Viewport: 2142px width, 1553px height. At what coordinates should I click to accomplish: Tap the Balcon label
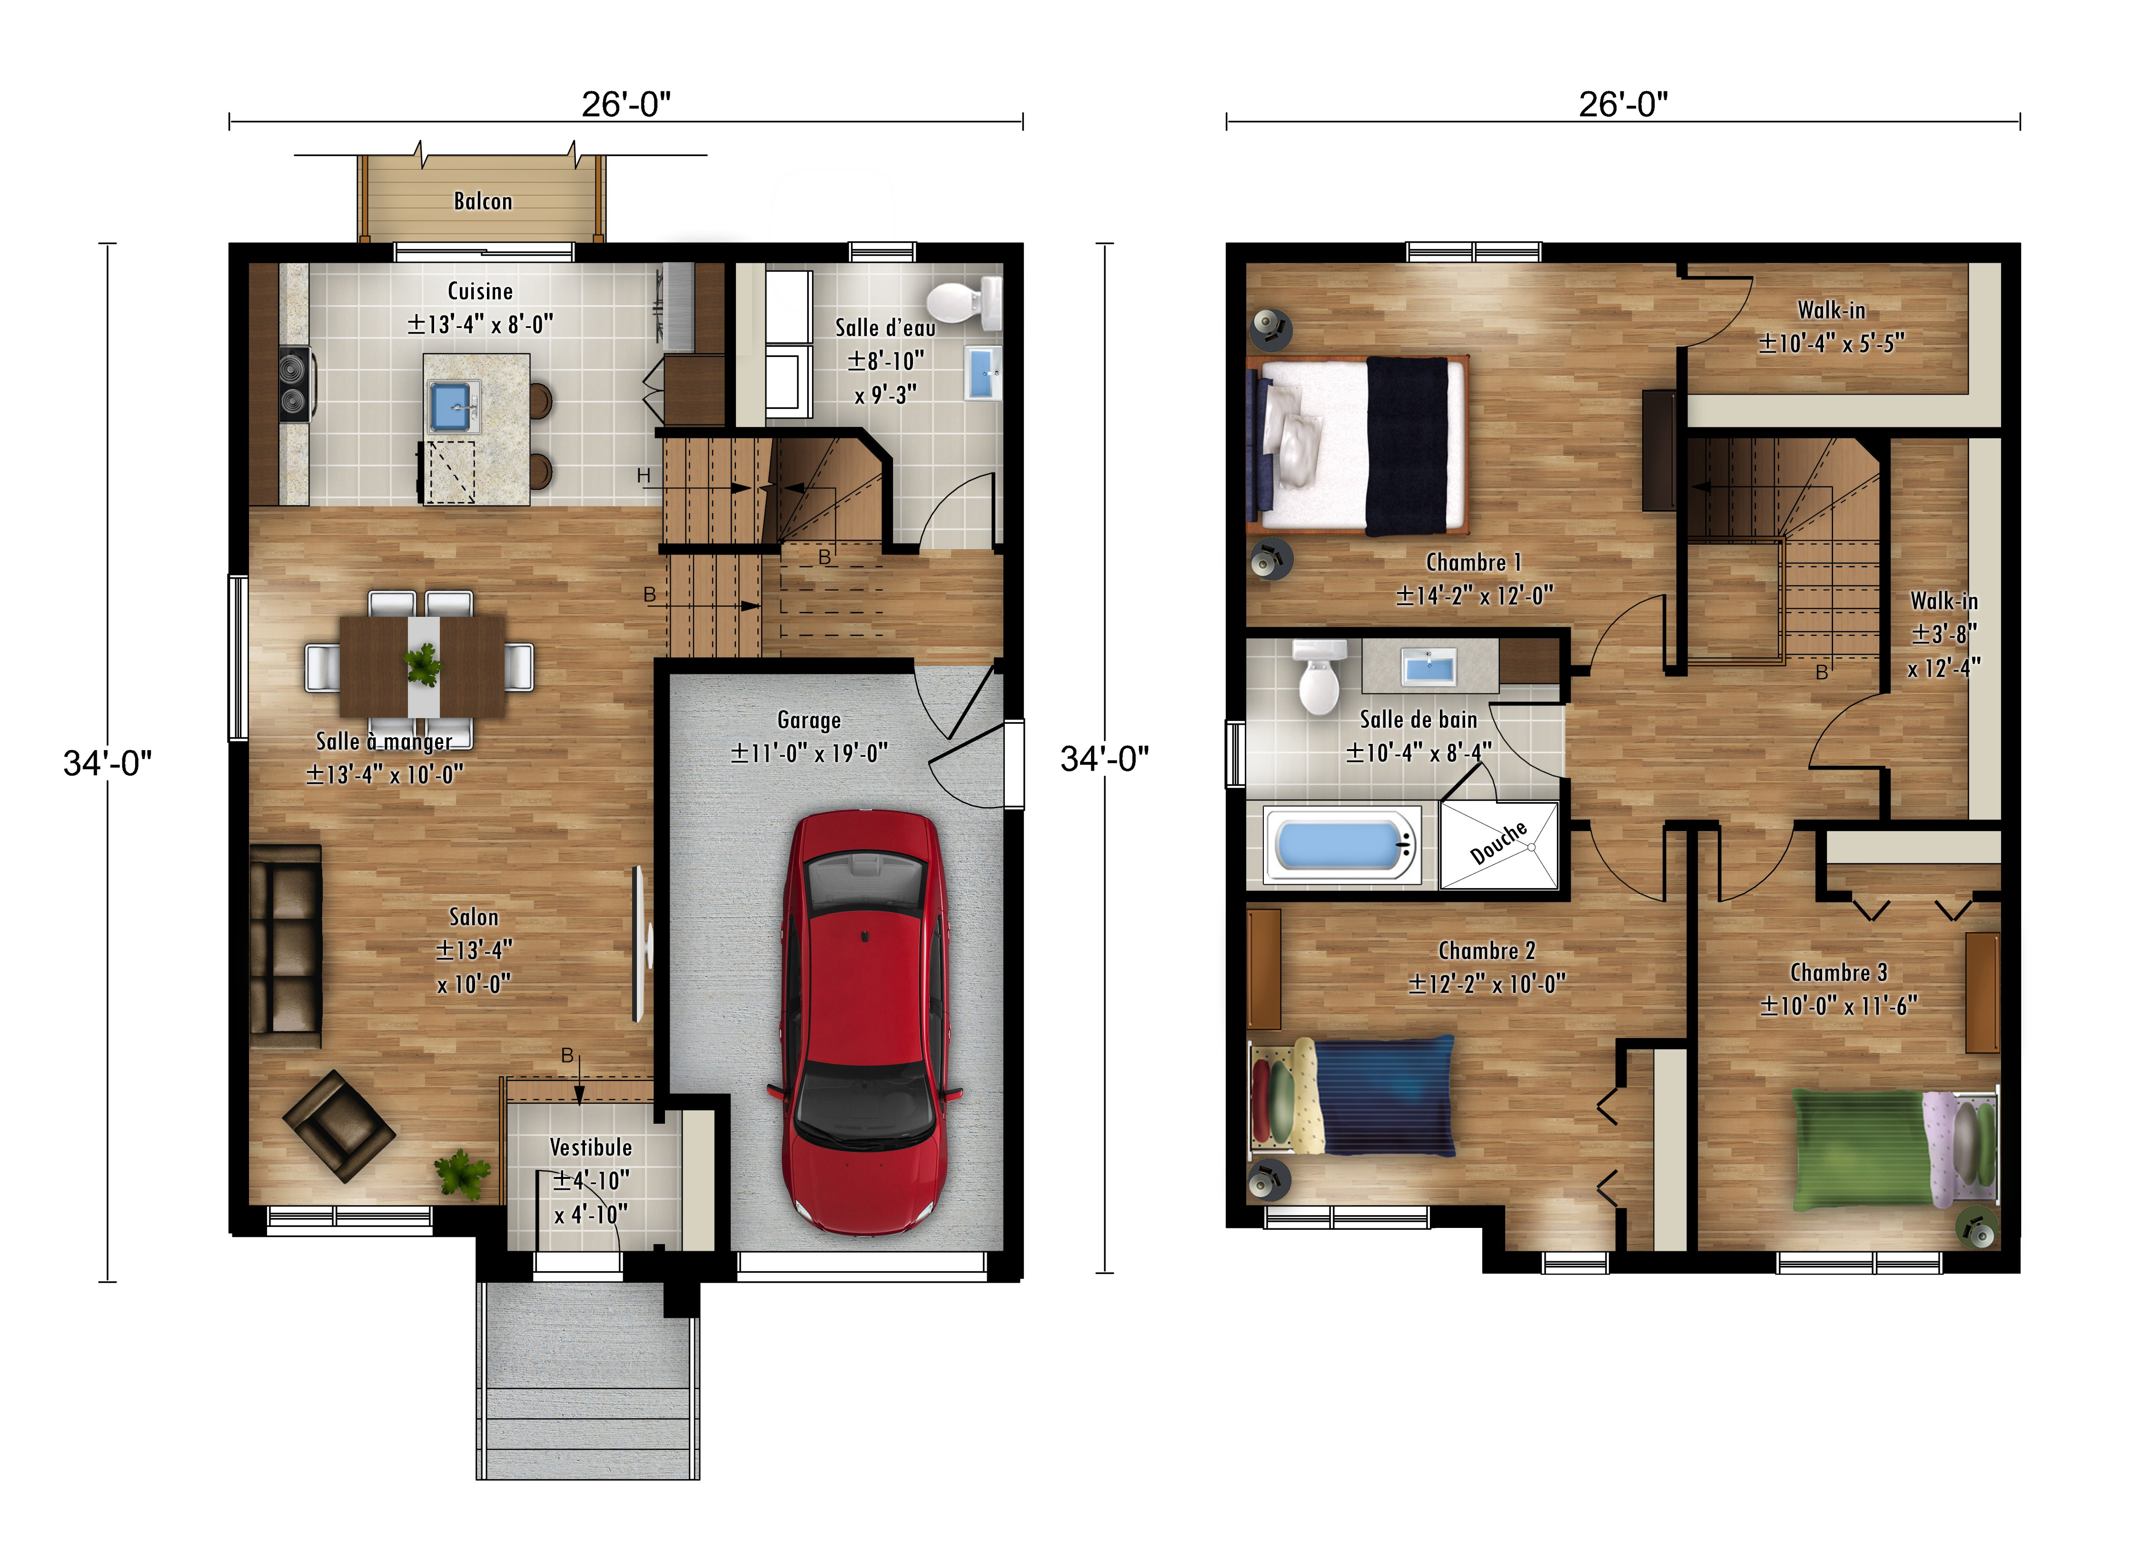(483, 201)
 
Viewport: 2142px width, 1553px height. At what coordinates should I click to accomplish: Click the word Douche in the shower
(1499, 842)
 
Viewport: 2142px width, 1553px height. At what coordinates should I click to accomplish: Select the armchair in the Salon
(338, 1125)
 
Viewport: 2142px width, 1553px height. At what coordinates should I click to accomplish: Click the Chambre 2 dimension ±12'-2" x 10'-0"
(1487, 984)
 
